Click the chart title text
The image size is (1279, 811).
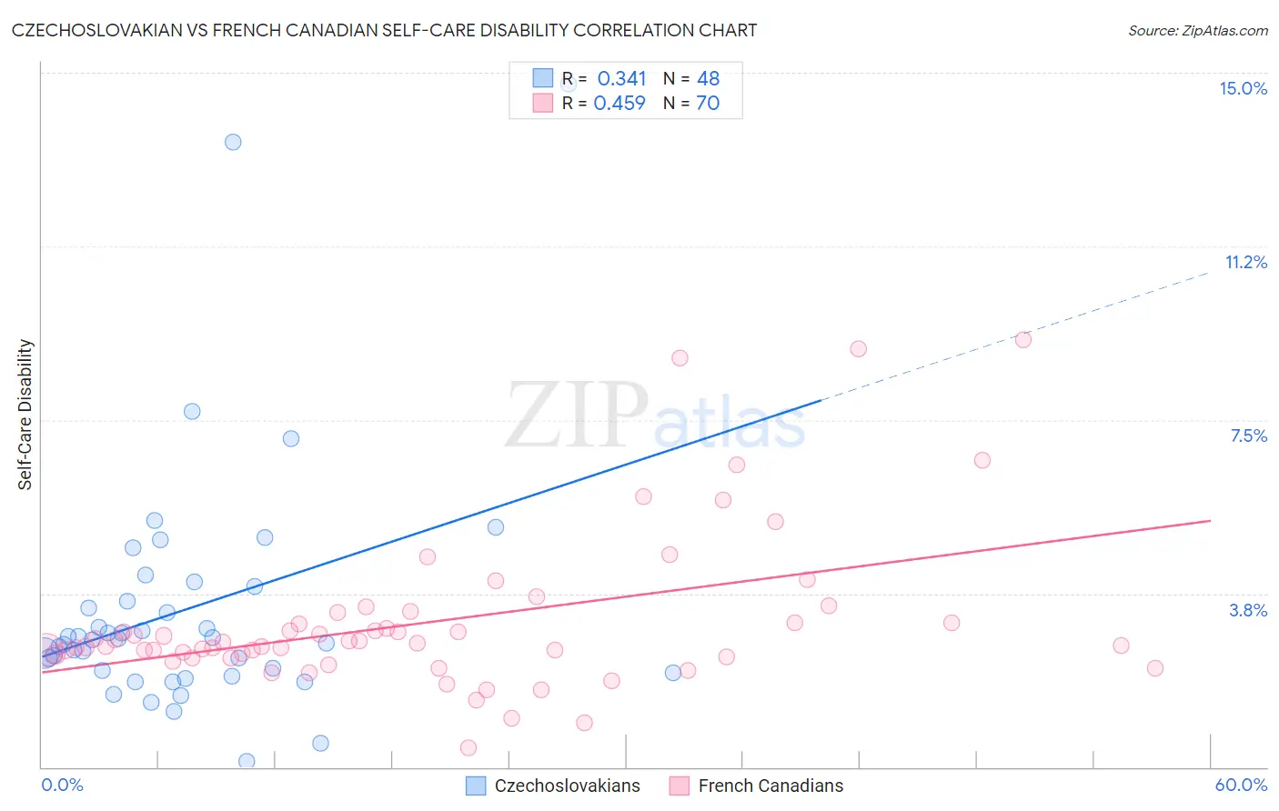[384, 30]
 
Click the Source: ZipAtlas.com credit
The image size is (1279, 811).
[1197, 31]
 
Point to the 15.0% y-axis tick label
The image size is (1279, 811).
[1243, 88]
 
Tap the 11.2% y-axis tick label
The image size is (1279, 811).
[1245, 262]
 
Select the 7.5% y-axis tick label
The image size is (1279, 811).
[1248, 436]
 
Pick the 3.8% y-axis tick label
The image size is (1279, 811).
[1248, 610]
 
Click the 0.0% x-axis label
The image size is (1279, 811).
[62, 785]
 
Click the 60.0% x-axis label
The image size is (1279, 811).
[1241, 785]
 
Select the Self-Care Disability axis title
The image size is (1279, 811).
[25, 415]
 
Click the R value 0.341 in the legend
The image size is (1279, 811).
[621, 79]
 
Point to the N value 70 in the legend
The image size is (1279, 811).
[708, 104]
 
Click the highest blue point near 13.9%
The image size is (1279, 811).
[233, 142]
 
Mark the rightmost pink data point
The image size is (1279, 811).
[1155, 668]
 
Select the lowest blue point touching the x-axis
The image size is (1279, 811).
[247, 761]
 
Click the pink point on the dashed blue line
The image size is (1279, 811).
[1023, 340]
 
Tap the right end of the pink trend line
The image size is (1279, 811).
[1211, 521]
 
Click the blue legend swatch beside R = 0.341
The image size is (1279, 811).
[543, 78]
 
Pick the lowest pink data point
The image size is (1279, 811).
[468, 747]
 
